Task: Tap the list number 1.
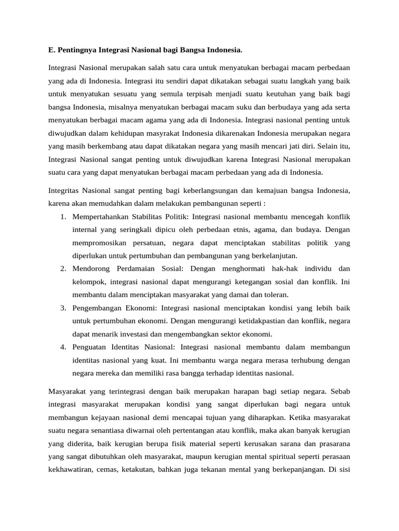coord(62,216)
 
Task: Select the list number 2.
coord(62,269)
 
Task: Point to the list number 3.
coord(62,308)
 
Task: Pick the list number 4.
coord(62,347)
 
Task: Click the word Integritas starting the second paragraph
coord(65,191)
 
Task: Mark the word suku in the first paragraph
coord(243,107)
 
